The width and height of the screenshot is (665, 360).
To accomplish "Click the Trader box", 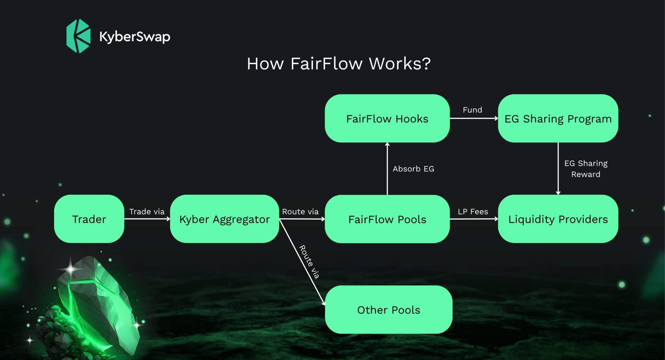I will (x=89, y=219).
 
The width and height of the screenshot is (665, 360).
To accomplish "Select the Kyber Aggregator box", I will (x=224, y=219).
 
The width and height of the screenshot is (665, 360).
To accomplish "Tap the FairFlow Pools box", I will (x=387, y=219).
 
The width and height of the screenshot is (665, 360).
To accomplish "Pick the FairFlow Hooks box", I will (x=387, y=119).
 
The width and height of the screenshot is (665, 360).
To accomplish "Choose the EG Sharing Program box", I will (x=558, y=119).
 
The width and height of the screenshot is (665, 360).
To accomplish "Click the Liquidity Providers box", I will (x=558, y=219).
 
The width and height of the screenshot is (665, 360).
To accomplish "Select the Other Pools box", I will (x=388, y=310).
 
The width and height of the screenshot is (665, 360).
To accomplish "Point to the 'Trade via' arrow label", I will (x=147, y=212).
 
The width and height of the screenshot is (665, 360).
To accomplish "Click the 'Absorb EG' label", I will (x=413, y=169).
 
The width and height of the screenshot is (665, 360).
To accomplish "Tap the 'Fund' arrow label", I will (x=472, y=110).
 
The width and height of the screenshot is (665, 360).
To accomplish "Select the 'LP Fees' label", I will (x=473, y=212).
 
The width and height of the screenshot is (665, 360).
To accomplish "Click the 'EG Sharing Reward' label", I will (x=586, y=169).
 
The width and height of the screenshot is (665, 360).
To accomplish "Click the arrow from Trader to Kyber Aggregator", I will (x=147, y=219).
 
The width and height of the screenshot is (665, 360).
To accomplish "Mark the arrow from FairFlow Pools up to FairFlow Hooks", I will (x=387, y=169).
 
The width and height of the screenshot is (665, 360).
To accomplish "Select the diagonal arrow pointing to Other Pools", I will (x=302, y=262).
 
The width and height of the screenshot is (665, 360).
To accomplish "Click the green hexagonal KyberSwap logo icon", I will (x=78, y=36).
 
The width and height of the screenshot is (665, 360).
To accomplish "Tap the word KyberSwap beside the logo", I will (x=135, y=37).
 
